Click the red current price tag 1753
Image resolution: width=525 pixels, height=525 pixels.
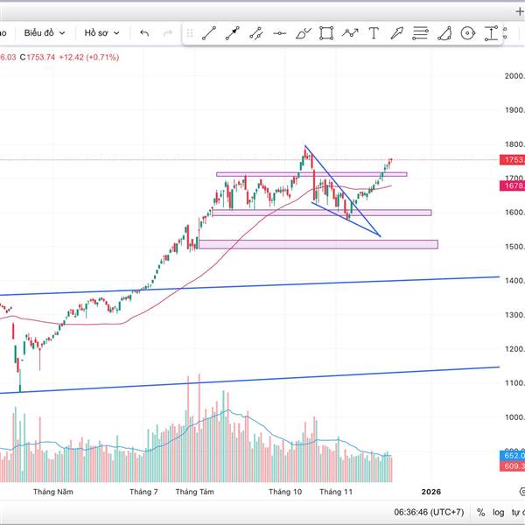513,160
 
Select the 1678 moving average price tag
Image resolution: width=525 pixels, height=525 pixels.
513,185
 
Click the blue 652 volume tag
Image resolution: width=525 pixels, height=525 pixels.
513,456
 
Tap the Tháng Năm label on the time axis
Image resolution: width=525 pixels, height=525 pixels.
53,492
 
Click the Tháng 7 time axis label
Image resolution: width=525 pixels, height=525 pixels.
143,492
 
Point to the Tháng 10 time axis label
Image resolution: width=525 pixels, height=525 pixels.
285,492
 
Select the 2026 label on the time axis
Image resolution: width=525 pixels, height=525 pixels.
431,492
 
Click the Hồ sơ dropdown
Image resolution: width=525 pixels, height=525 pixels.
95,33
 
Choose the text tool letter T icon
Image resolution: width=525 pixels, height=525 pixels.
374,33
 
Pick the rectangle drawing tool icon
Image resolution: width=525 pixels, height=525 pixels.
326,33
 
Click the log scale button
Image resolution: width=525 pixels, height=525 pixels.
499,512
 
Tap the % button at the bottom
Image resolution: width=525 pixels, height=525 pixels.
480,512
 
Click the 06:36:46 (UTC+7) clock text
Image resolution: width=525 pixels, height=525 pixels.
428,512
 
